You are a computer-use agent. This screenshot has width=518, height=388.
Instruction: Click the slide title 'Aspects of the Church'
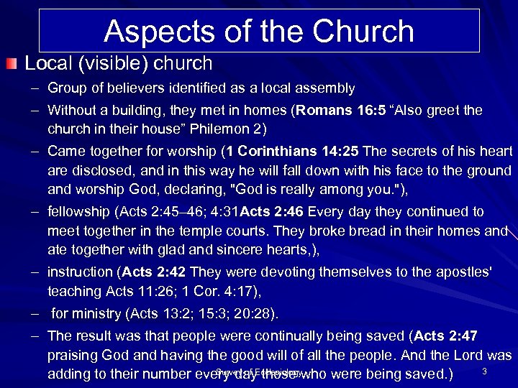pos(258,32)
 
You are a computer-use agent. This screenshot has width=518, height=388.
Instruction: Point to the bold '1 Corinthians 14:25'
pos(295,152)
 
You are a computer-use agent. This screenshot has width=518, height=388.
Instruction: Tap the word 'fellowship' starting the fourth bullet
pos(78,212)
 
